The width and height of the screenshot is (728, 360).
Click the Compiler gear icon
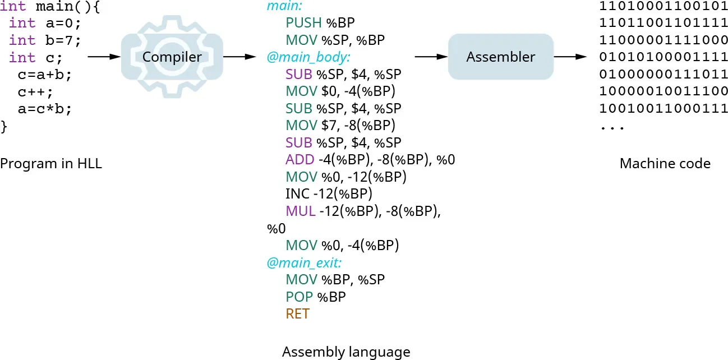click(172, 57)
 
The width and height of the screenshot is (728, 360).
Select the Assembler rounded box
click(500, 57)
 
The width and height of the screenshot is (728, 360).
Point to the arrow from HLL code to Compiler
click(104, 57)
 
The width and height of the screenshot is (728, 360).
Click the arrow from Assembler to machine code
click(570, 57)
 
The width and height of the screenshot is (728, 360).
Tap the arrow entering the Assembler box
click(431, 57)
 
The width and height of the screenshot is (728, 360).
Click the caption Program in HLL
click(51, 164)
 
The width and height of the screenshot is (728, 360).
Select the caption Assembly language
click(346, 352)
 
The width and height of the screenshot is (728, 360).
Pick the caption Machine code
click(665, 164)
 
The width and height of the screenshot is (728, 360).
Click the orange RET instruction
click(297, 314)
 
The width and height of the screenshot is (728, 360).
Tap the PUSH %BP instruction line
click(320, 23)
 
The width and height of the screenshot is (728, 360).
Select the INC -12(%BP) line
click(329, 194)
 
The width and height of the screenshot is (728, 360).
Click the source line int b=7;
click(45, 40)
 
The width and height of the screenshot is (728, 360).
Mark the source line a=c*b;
click(45, 109)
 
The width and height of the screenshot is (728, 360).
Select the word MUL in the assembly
click(300, 211)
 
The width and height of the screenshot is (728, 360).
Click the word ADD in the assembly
click(300, 160)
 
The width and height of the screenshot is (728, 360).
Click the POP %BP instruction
click(315, 297)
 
